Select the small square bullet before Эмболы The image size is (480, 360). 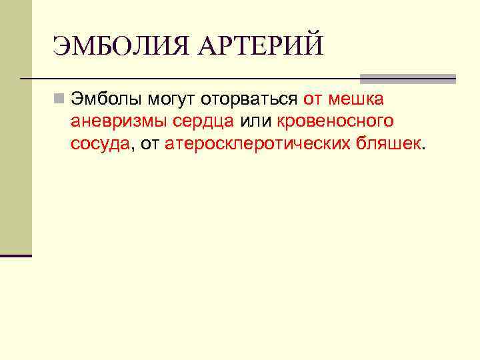coord(60,100)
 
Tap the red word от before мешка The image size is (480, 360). coord(313,100)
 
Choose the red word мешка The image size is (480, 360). coord(355,100)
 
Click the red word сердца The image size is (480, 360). coord(200,122)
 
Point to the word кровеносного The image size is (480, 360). coord(335,122)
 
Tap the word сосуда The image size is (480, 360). coord(100,144)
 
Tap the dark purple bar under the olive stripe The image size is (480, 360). coord(16,255)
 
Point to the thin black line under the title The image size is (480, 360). coord(187,79)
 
